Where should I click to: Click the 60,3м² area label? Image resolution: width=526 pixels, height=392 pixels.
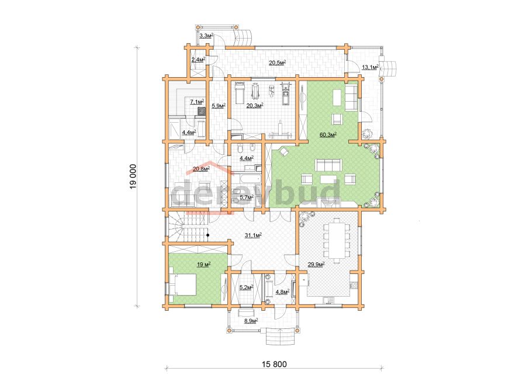pyautogui.click(x=328, y=135)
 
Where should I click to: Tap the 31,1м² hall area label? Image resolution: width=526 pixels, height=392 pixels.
pyautogui.click(x=253, y=235)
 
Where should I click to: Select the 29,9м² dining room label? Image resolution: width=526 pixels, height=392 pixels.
pyautogui.click(x=316, y=265)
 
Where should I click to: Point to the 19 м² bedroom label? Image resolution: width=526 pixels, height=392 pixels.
pyautogui.click(x=203, y=265)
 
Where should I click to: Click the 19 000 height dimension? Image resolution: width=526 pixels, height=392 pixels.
pyautogui.click(x=133, y=176)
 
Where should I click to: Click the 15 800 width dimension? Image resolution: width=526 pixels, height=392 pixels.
pyautogui.click(x=274, y=364)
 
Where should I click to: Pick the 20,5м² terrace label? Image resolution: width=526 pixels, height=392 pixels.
pyautogui.click(x=278, y=63)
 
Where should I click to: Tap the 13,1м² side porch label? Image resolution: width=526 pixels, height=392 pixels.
pyautogui.click(x=371, y=67)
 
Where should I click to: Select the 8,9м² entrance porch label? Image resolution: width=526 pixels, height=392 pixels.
pyautogui.click(x=251, y=321)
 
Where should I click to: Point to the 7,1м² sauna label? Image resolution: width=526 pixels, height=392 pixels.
pyautogui.click(x=198, y=101)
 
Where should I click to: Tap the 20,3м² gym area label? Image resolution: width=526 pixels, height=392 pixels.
pyautogui.click(x=255, y=106)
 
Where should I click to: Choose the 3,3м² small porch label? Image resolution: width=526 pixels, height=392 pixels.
pyautogui.click(x=206, y=35)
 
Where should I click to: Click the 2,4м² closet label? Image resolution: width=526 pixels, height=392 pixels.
pyautogui.click(x=198, y=60)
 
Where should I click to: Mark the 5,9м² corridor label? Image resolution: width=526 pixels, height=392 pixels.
pyautogui.click(x=219, y=106)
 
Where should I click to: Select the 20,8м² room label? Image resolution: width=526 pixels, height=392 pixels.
pyautogui.click(x=201, y=168)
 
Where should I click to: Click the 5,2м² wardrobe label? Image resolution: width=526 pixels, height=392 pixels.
pyautogui.click(x=246, y=287)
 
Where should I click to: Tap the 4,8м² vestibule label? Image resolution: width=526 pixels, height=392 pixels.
pyautogui.click(x=282, y=292)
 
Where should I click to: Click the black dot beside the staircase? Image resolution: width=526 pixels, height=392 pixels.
pyautogui.click(x=208, y=235)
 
